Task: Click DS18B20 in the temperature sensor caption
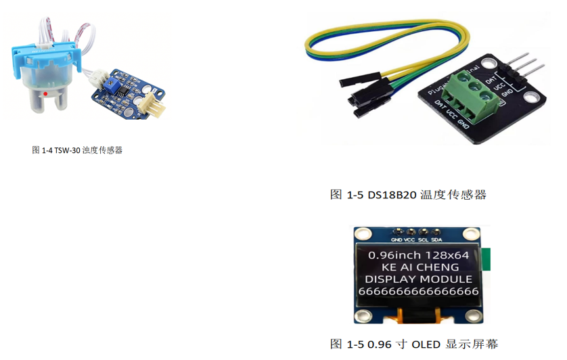(392, 195)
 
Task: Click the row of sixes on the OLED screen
(417, 290)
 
